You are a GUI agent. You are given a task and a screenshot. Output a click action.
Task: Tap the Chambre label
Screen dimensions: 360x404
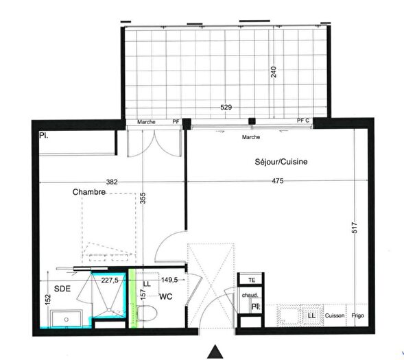pos(89,193)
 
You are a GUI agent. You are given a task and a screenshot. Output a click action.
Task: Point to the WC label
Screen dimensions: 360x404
pos(165,296)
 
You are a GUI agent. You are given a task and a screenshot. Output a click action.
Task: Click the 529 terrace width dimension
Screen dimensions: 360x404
pos(220,108)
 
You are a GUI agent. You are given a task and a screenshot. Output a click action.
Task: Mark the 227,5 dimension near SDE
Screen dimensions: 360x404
pos(110,280)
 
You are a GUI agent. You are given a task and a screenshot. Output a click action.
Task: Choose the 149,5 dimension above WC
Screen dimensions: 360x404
pos(169,280)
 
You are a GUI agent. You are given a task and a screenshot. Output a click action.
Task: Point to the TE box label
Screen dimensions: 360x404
pos(252,280)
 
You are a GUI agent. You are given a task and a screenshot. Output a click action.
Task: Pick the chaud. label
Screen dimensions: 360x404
pos(249,296)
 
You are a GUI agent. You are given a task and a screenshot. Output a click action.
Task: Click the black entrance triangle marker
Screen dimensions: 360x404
pos(217,352)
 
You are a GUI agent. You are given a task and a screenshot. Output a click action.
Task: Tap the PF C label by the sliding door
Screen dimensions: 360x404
pos(303,121)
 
